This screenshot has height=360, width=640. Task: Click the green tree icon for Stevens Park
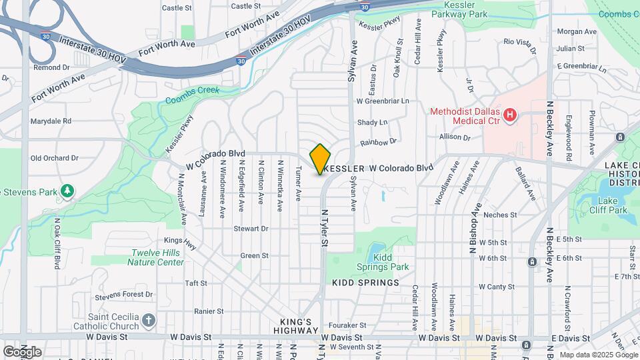pyautogui.click(x=67, y=192)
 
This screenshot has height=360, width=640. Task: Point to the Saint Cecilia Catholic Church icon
pyautogui.click(x=148, y=321)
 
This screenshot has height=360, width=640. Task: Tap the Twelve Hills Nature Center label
pyautogui.click(x=157, y=257)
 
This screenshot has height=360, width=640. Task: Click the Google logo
pyautogui.click(x=22, y=351)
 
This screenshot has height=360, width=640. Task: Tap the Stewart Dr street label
pyautogui.click(x=251, y=229)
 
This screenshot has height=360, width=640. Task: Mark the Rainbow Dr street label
pyautogui.click(x=378, y=142)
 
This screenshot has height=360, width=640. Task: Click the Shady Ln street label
pyautogui.click(x=372, y=123)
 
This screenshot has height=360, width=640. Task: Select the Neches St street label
pyautogui.click(x=500, y=215)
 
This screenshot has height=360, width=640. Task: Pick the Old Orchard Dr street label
pyautogui.click(x=55, y=158)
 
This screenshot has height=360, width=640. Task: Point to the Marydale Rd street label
pyautogui.click(x=51, y=121)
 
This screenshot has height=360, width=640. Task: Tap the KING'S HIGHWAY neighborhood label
pyautogui.click(x=295, y=326)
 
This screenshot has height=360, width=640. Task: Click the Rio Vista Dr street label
pyautogui.click(x=520, y=42)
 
